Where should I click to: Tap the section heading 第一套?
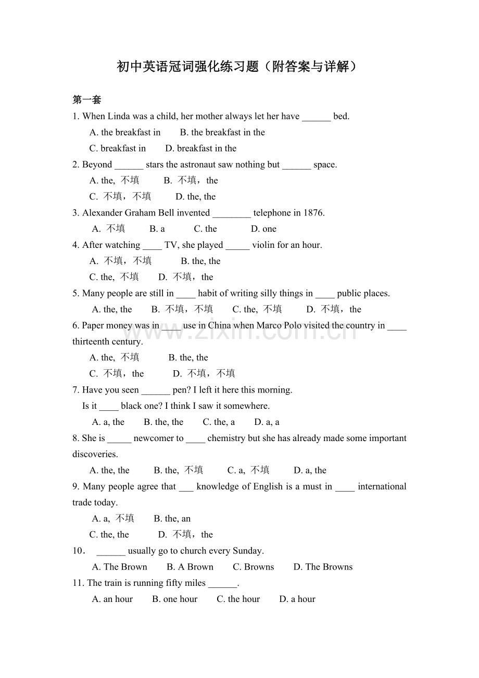click(86, 100)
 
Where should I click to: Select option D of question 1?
click(200, 148)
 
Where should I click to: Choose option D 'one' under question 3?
click(263, 229)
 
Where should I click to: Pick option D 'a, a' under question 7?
click(267, 422)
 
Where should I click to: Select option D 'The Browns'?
click(323, 567)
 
